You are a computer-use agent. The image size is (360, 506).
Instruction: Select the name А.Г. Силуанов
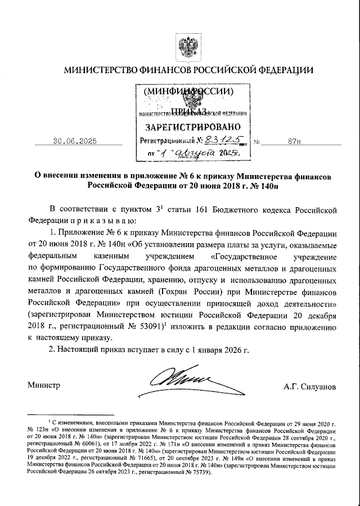coord(310,387)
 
